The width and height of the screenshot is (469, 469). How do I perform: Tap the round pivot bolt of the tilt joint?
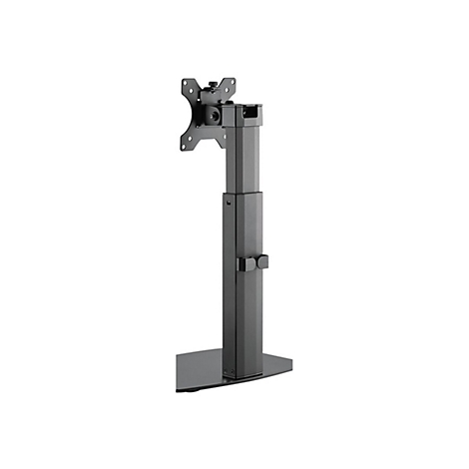(214, 117)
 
